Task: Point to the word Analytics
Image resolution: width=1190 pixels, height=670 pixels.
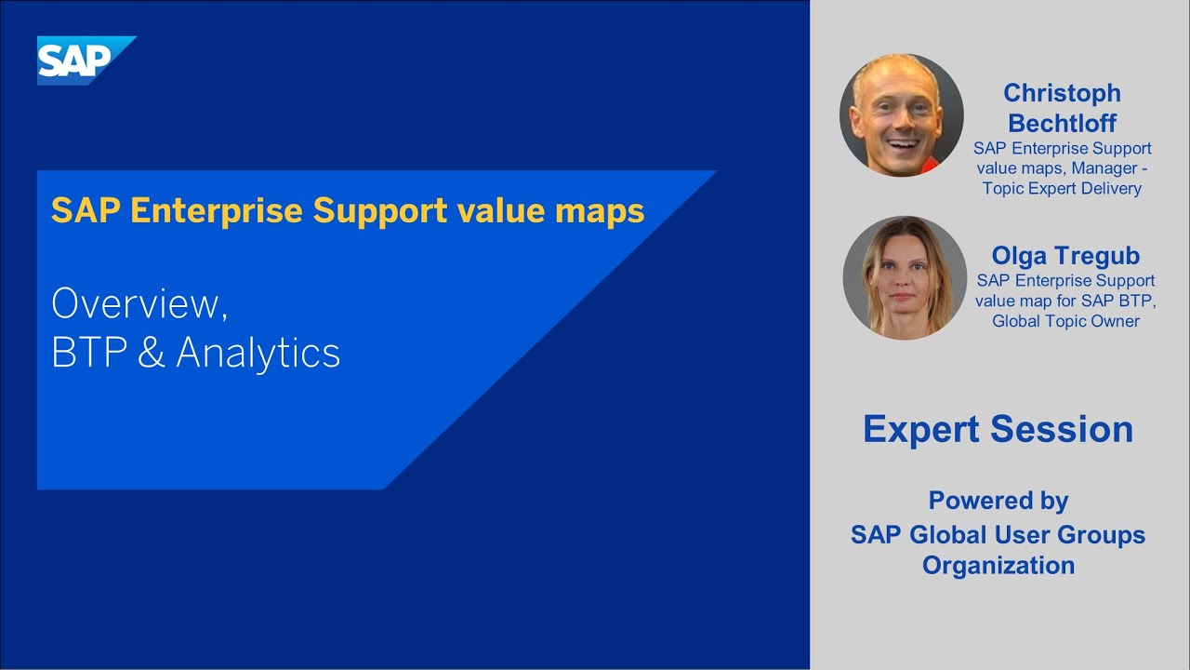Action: pos(258,354)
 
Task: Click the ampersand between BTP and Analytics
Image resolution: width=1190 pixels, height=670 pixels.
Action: pos(151,354)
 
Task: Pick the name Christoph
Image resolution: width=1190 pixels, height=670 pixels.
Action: pos(1062,93)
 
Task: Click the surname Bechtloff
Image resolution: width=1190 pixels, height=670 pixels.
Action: pos(1062,123)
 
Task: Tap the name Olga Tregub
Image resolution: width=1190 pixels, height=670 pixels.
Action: pos(1065,256)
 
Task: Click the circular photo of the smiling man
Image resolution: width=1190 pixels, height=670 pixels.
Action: pos(901,114)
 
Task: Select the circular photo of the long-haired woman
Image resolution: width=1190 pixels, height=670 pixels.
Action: pos(904,278)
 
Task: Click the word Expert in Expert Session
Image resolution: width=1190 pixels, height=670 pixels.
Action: pos(921,429)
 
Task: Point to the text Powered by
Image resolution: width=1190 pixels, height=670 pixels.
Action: pos(998,501)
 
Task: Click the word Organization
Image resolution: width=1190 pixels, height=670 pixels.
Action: pos(998,565)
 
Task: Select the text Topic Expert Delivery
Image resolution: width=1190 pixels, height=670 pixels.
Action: pos(1062,189)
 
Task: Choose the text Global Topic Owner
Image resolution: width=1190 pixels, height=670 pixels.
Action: pos(1065,321)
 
